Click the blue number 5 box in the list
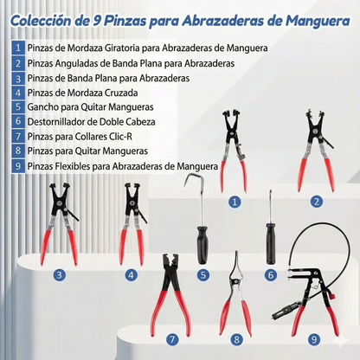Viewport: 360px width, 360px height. click(18, 107)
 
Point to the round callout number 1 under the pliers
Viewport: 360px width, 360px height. click(234, 201)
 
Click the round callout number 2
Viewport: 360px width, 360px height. click(317, 201)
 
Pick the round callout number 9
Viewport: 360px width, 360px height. click(315, 340)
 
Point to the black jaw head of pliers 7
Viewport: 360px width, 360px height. click(170, 263)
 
